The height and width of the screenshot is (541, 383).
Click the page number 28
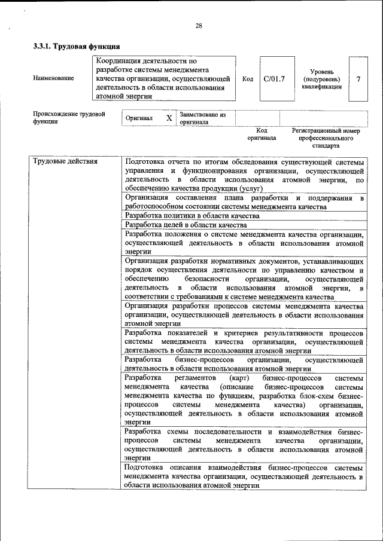click(199, 25)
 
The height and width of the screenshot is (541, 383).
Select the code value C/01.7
click(275, 78)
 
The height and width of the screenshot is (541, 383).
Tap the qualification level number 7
click(358, 78)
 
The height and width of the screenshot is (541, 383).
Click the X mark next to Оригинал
click(169, 118)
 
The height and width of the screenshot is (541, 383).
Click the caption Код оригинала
click(262, 134)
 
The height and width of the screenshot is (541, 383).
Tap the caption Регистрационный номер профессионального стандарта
click(326, 137)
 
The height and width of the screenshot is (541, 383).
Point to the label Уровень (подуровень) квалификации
click(321, 78)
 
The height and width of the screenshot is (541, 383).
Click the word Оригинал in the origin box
click(139, 118)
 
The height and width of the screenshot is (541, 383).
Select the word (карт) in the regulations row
click(239, 378)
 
